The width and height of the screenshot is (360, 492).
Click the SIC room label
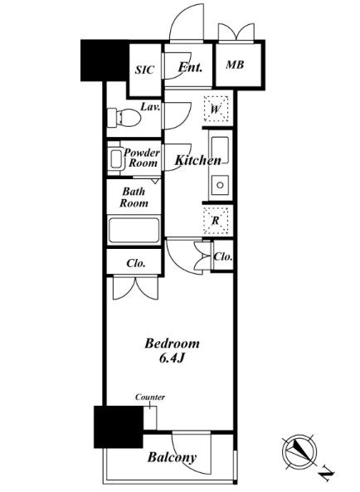coord(144,70)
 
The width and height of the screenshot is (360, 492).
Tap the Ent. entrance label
coord(190,67)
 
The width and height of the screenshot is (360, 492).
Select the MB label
coord(235,65)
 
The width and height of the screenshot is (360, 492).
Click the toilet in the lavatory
coord(124,117)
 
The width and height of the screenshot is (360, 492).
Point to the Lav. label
coord(150,107)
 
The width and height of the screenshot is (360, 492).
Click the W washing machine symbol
coord(216,109)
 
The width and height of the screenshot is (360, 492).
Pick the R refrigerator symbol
coord(216,221)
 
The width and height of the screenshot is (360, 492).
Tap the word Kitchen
coord(198,160)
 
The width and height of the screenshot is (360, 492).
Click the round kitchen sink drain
coord(220,185)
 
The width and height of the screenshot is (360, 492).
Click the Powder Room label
coord(142,158)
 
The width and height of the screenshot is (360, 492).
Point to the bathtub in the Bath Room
coord(134,230)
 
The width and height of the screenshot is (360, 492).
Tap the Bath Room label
coord(134,197)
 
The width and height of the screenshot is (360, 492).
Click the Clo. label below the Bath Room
coord(136,263)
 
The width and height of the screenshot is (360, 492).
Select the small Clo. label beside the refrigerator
coord(223,256)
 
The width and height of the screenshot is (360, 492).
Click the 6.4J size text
coord(171,358)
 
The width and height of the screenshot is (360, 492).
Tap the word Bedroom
coord(172,343)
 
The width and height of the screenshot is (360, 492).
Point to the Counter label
coord(150,397)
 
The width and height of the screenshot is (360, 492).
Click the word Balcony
coord(172,457)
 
